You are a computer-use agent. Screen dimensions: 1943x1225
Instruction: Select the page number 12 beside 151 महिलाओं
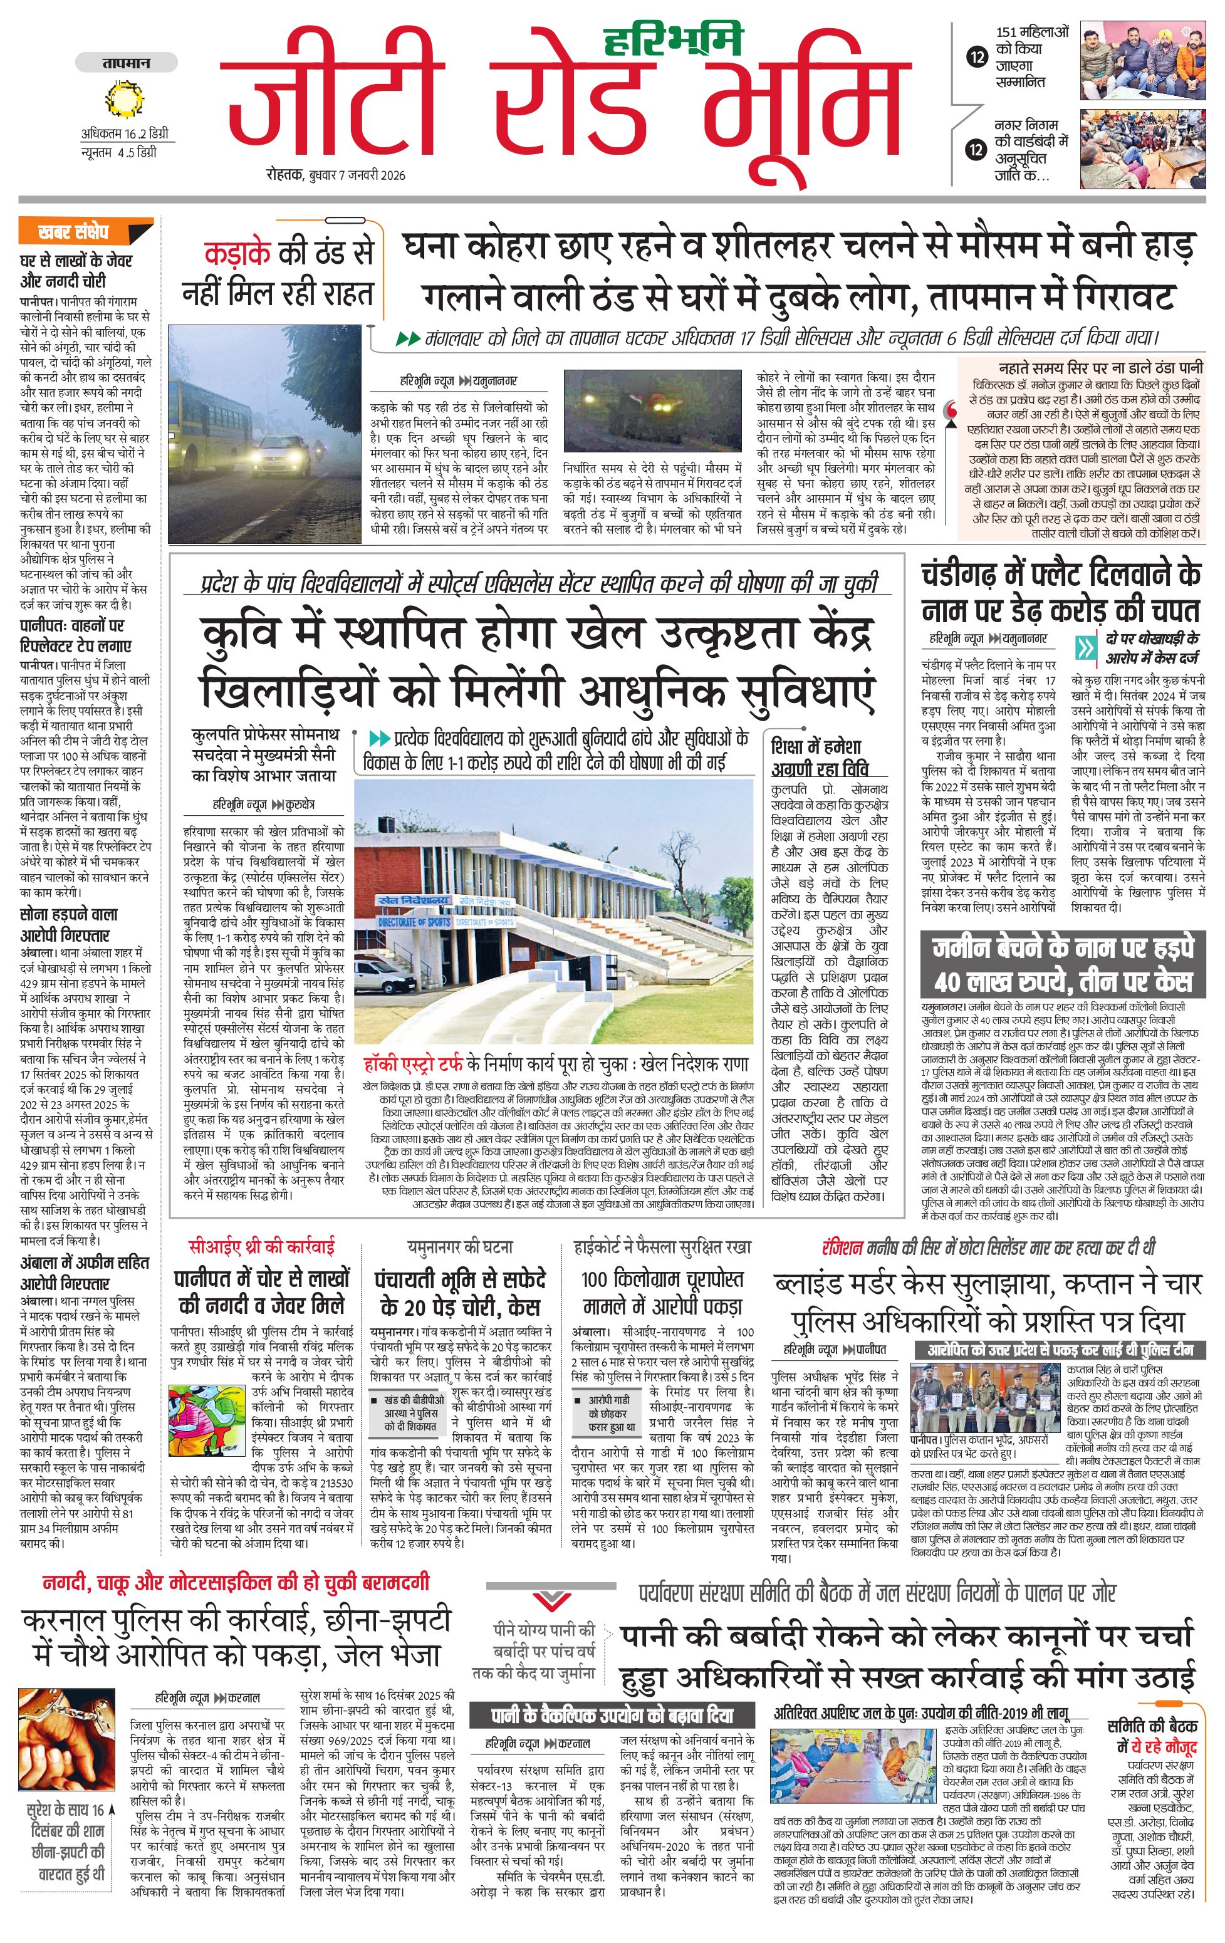coord(977,56)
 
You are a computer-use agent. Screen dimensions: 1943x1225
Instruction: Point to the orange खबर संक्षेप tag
coord(74,232)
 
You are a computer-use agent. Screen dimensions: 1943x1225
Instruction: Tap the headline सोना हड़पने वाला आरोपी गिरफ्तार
coord(68,925)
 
